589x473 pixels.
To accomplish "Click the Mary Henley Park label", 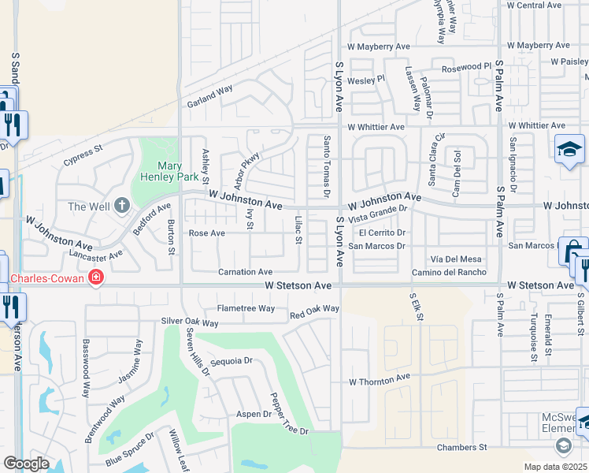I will pyautogui.click(x=177, y=171).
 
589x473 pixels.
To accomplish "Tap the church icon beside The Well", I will pyautogui.click(x=121, y=206).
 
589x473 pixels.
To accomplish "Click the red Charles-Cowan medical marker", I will pyautogui.click(x=96, y=277).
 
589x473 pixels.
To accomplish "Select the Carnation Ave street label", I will pyautogui.click(x=245, y=272).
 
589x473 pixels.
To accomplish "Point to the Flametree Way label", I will pyautogui.click(x=246, y=308).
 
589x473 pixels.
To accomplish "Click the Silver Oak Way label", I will pyautogui.click(x=189, y=322).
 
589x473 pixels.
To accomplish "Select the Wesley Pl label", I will pyautogui.click(x=366, y=79).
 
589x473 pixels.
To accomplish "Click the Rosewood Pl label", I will pyautogui.click(x=466, y=67).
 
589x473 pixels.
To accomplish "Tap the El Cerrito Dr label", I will pyautogui.click(x=382, y=233).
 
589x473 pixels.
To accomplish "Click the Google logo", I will pyautogui.click(x=26, y=464).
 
